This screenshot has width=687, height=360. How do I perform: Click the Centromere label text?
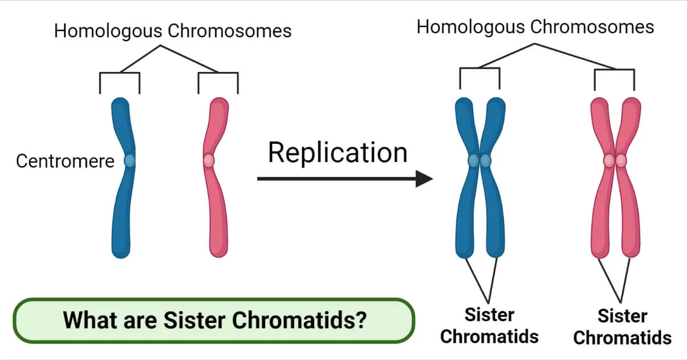(64, 161)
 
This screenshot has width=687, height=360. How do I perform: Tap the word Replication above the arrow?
(338, 153)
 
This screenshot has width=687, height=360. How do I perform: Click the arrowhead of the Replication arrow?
(424, 179)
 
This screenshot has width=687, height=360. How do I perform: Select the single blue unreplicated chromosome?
(122, 211)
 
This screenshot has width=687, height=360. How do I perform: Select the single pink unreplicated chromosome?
(217, 211)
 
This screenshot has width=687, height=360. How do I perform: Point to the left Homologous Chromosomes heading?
(172, 31)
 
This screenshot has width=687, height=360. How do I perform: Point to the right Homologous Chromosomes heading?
(535, 27)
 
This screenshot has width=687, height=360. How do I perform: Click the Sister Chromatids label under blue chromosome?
(489, 325)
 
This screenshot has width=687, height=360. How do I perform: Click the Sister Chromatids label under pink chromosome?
(622, 326)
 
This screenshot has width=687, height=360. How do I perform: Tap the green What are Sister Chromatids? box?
(214, 320)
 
